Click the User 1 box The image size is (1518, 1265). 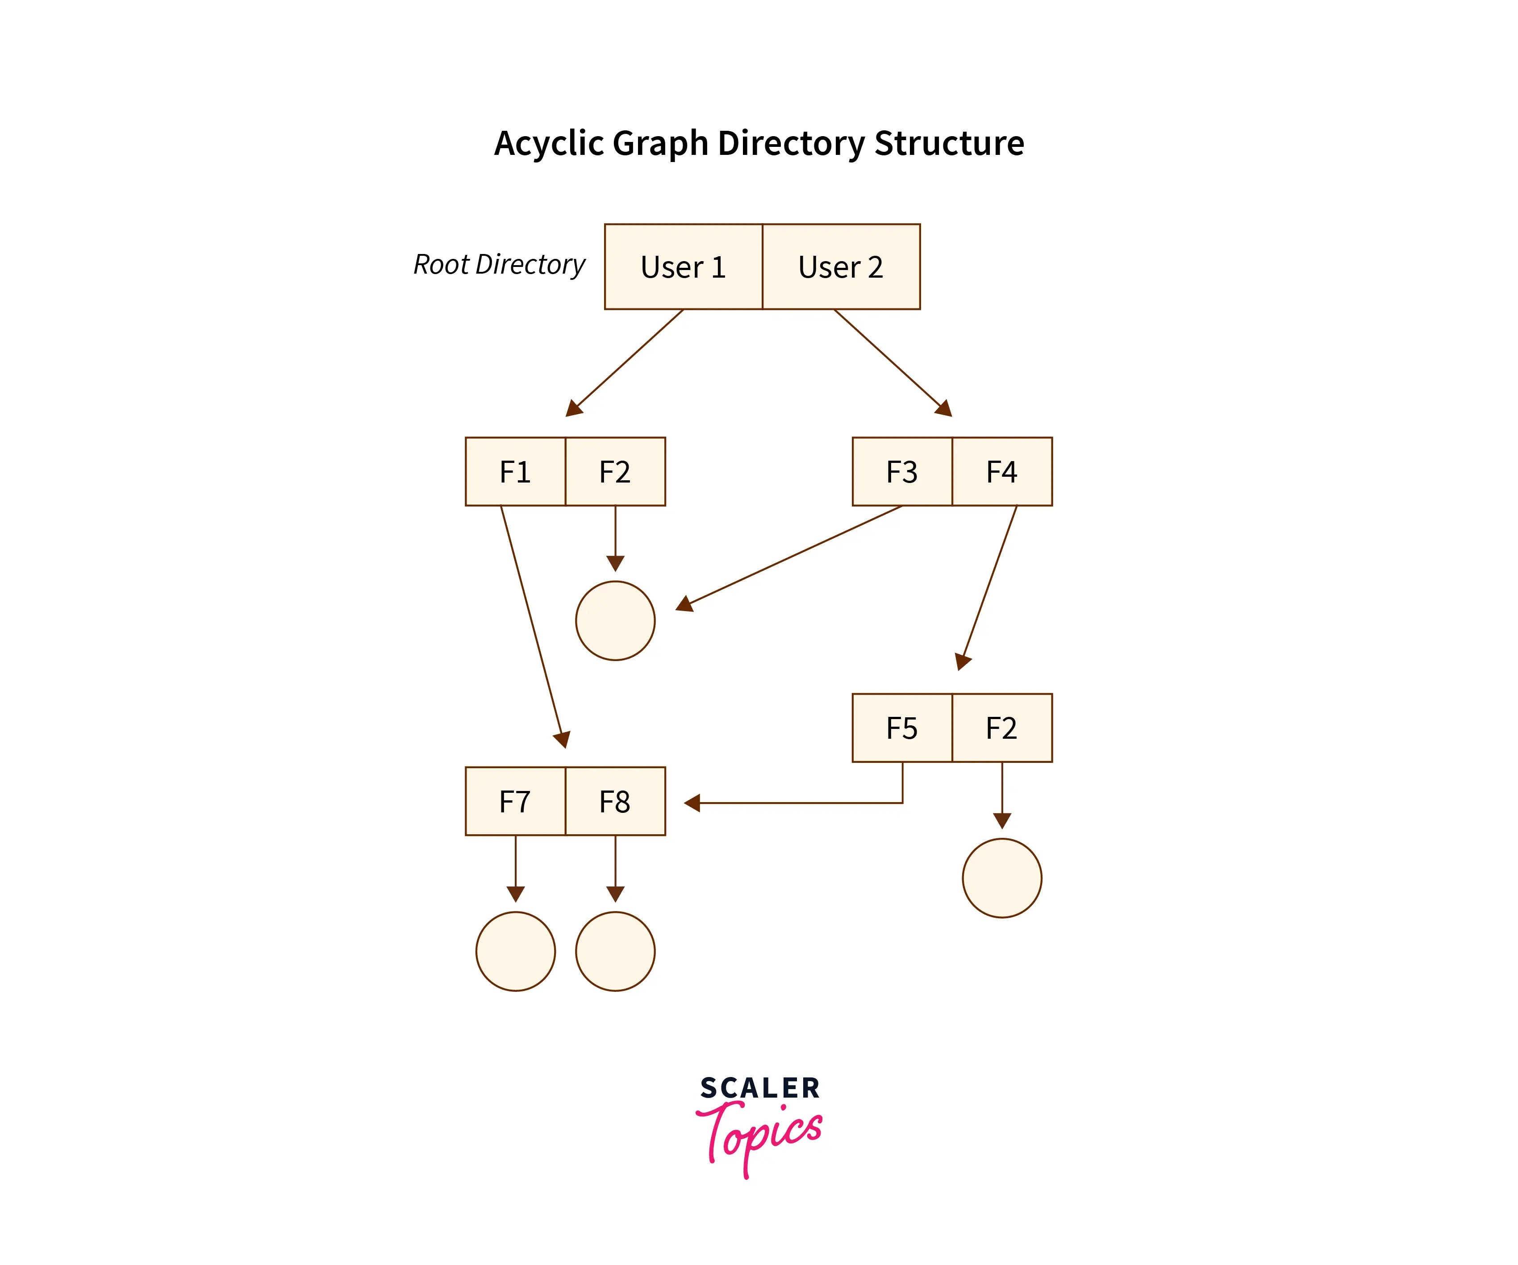(683, 267)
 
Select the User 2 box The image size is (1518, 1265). (841, 267)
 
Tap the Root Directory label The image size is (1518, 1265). (499, 265)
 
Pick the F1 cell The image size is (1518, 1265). (515, 471)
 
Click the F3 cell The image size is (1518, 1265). (902, 471)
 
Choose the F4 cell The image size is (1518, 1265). (1002, 471)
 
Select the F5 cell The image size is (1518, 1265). (902, 728)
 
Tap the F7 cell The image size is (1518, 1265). (515, 801)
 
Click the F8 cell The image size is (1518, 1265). (615, 801)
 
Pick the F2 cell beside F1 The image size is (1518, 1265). (615, 471)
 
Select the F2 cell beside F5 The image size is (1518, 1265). (1002, 728)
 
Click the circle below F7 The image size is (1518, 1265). (515, 951)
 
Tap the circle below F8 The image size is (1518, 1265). (615, 951)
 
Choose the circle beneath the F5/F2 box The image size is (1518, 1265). (1002, 878)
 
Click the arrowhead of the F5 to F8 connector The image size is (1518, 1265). (692, 803)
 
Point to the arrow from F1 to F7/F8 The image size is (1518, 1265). (531, 622)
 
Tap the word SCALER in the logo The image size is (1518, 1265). (760, 1088)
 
